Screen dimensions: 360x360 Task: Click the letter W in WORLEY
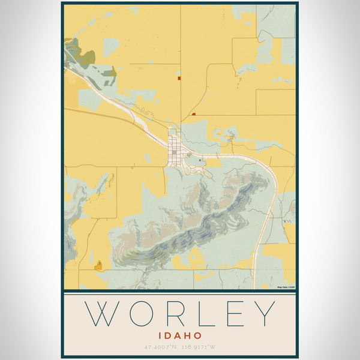pyautogui.click(x=104, y=314)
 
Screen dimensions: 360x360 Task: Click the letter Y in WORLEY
pyautogui.click(x=264, y=314)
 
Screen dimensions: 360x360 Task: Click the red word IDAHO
pyautogui.click(x=180, y=336)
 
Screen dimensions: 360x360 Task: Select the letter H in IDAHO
pyautogui.click(x=189, y=336)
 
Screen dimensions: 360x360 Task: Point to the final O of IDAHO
pyautogui.click(x=199, y=336)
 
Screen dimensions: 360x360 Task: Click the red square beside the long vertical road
pyautogui.click(x=179, y=77)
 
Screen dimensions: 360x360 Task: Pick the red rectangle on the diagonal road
pyautogui.click(x=194, y=113)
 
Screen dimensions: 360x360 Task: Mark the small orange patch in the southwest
pyautogui.click(x=98, y=265)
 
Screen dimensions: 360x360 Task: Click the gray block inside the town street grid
pyautogui.click(x=175, y=152)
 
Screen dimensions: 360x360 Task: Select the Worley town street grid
pyautogui.click(x=175, y=147)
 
